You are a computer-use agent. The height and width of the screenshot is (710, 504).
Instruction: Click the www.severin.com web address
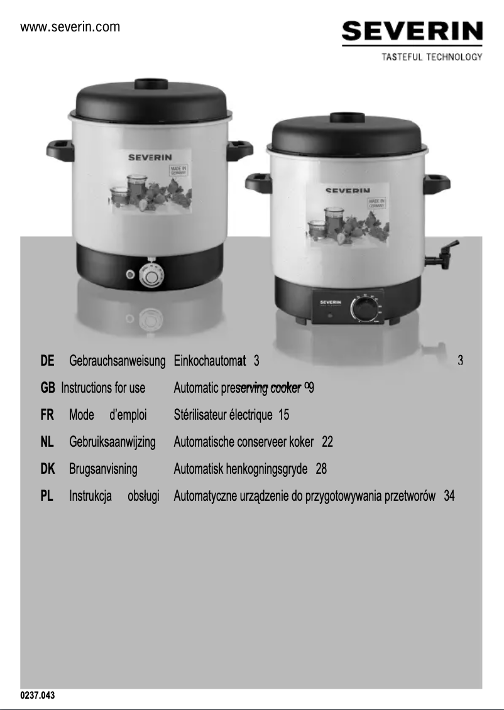pos(70,27)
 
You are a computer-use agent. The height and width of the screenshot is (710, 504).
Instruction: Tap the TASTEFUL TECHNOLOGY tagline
pos(432,57)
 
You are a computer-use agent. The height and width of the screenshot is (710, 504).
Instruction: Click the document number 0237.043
pos(38,696)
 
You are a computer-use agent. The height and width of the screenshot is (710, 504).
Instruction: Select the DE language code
pos(47,361)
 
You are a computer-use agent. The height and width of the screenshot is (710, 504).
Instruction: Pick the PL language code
pos(47,496)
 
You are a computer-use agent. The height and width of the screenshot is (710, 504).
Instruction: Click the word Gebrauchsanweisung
pos(117,361)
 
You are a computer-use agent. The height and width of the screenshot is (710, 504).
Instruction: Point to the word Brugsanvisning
pos(103,469)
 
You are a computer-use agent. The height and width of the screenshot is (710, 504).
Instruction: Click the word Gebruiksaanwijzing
pos(112,442)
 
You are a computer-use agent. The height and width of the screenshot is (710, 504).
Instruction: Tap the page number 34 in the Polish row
pos(449,496)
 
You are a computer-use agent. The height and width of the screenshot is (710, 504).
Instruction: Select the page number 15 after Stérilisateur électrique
pos(283,415)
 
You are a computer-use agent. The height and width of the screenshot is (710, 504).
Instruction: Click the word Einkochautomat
pos(209,361)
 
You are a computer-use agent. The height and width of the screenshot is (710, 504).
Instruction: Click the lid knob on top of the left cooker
pos(151,84)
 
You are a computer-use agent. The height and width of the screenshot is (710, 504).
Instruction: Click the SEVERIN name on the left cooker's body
pos(150,156)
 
